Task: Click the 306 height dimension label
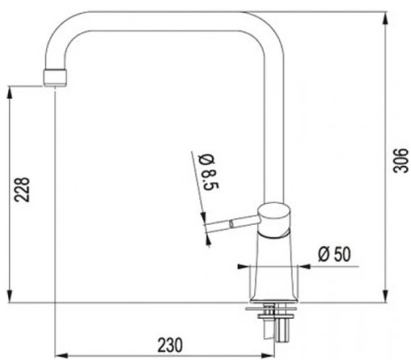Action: (x=401, y=160)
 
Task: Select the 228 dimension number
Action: (x=22, y=189)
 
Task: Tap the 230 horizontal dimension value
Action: (x=170, y=345)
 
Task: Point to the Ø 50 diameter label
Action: (x=334, y=254)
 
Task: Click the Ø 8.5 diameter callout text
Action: (x=209, y=172)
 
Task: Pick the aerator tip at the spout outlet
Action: (x=55, y=78)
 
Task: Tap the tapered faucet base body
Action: (x=274, y=269)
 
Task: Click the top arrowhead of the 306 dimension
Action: (x=386, y=19)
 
